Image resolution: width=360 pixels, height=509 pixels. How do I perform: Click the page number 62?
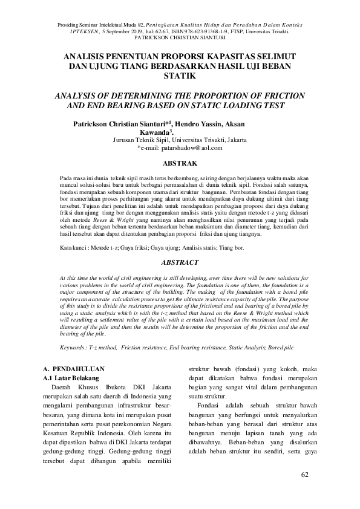[304, 473]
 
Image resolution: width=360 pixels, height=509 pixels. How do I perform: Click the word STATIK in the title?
[180, 77]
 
